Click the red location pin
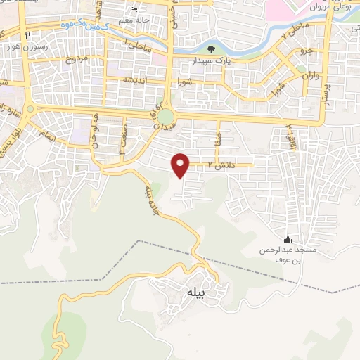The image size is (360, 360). point(181,165)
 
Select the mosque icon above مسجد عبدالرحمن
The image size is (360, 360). point(286,240)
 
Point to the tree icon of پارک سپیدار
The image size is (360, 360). point(212,49)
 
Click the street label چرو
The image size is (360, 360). point(304,51)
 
